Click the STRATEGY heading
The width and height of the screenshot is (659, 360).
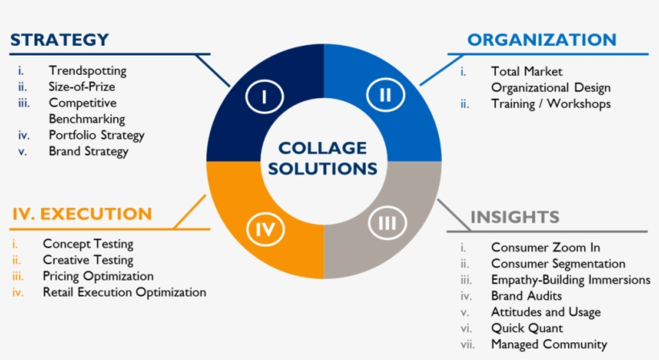[x=59, y=39]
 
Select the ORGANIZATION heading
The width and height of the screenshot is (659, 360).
[x=542, y=39]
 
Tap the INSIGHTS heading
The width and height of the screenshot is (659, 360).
[x=514, y=217]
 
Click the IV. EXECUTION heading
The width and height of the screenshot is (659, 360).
[x=81, y=214]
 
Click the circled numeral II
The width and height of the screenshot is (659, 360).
[x=385, y=96]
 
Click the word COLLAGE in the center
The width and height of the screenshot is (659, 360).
[x=322, y=148]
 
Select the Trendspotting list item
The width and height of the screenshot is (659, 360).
[x=87, y=71]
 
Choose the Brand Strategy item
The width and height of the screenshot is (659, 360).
[x=88, y=150]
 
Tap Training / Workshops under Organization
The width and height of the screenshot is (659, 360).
[x=551, y=104]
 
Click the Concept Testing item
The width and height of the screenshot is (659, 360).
[x=88, y=243]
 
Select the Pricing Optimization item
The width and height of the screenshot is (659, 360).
[x=98, y=276]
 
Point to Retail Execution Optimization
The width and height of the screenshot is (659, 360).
[x=125, y=292]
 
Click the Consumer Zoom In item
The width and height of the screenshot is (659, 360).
[x=546, y=247]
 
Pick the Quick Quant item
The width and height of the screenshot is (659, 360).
[x=527, y=328]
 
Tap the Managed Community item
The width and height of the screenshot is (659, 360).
[x=549, y=344]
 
